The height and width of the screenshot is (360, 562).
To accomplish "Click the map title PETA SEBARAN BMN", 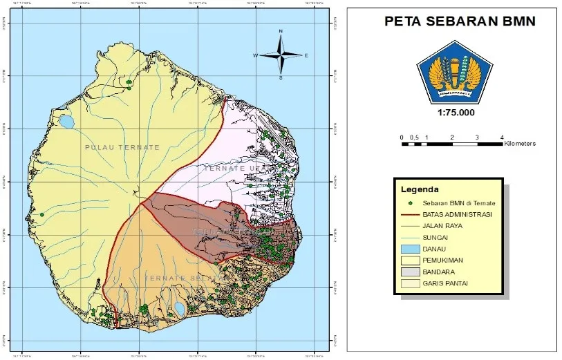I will coord(459,22).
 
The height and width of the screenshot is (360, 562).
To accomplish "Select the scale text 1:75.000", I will coord(456,113).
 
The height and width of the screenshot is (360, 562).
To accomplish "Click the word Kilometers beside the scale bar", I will coord(520,144).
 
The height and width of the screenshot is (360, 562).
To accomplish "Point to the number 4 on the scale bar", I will coord(502,138).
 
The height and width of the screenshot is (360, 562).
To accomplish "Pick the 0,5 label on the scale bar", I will coord(414,138).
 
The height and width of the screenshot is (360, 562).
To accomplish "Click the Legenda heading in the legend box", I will coord(420,189).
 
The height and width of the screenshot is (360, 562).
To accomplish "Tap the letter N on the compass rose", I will coord(281,32).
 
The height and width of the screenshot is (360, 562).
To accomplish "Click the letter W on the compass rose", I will coord(255,55).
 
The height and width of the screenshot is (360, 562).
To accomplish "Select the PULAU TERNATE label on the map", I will coord(122,148).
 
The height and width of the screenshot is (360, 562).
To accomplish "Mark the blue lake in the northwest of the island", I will coord(66,122).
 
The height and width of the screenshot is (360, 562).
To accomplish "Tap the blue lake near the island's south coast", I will coord(179,308).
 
